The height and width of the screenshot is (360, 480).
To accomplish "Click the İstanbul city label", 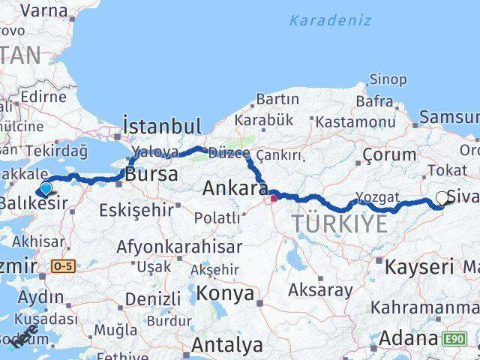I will point(161,126).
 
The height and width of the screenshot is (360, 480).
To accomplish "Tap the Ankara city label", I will point(235,187).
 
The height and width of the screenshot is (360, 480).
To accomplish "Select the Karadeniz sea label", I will point(330,20).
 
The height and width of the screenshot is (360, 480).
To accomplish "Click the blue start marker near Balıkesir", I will point(46,188).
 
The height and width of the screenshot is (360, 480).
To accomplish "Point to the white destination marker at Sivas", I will point(442,199).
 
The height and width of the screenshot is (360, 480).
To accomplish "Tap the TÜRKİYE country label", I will point(340,223).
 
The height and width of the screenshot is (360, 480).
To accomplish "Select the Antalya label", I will point(227,345).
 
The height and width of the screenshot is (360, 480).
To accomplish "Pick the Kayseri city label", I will point(418,265).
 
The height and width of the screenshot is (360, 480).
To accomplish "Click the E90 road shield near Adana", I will point(454,339).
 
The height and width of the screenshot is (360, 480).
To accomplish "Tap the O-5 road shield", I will point(62,265).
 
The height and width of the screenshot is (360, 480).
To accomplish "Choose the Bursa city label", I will point(152,175).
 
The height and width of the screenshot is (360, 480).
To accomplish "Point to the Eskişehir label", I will point(136,209).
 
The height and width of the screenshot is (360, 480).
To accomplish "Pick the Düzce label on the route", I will point(228,153).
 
